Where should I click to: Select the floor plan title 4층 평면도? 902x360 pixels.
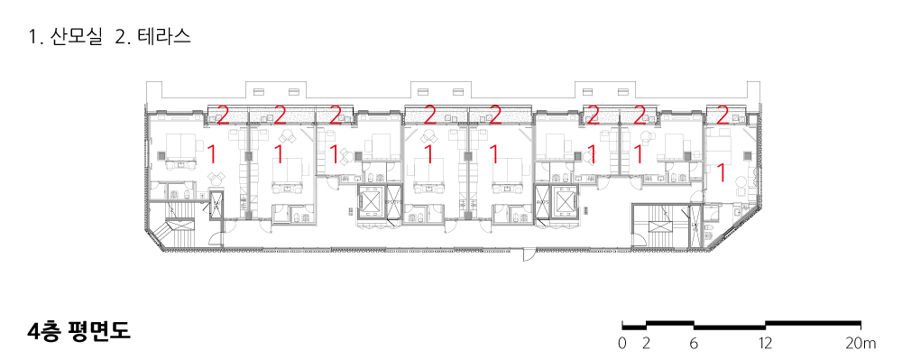(x=79, y=332)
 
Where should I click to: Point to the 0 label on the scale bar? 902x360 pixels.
(x=622, y=344)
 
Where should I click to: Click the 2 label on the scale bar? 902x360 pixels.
(x=646, y=344)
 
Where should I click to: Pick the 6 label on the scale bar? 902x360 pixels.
(x=694, y=344)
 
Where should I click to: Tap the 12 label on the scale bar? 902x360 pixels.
(x=765, y=344)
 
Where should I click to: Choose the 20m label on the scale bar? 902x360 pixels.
(x=861, y=344)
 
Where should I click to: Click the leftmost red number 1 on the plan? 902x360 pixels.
(x=211, y=154)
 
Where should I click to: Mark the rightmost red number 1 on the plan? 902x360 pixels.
(x=720, y=172)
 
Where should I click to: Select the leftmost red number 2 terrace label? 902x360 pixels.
(x=223, y=115)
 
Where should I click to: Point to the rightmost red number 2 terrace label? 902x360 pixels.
(x=723, y=115)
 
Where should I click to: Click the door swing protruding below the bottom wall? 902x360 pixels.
(x=529, y=254)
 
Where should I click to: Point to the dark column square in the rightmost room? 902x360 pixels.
(x=747, y=155)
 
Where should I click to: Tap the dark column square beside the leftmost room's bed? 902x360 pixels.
(x=161, y=155)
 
